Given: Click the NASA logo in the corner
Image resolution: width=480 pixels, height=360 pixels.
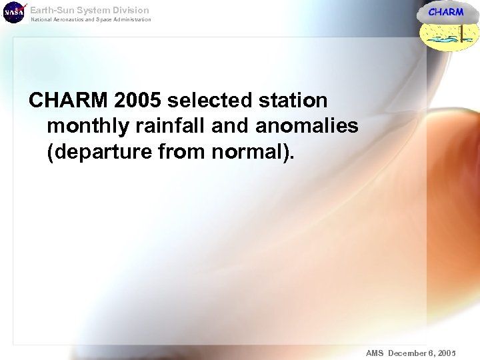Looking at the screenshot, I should tap(13, 13).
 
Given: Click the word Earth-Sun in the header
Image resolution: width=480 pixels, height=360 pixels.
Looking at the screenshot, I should tap(51, 10).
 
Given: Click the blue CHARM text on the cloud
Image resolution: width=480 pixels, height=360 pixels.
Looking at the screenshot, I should tap(445, 12).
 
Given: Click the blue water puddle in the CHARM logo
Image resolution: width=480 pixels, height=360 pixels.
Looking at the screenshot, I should tap(443, 41).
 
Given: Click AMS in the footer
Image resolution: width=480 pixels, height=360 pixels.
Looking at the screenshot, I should tap(375, 353).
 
